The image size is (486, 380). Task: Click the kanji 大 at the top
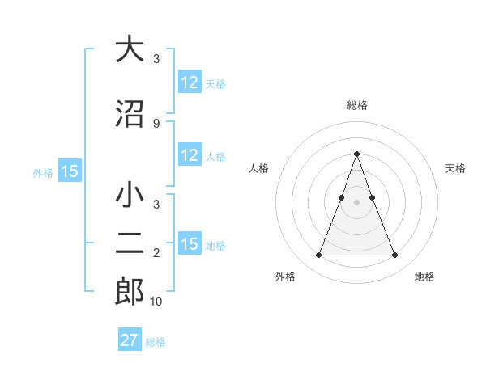pos(130,49)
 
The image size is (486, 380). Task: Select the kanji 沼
pos(130,113)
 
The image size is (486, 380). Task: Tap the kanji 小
pos(130,196)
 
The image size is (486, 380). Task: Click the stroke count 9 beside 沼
pos(156,123)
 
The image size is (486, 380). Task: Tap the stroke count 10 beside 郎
pos(156,302)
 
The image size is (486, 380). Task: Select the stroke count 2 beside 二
pos(156,254)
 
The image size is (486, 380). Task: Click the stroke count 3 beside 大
pos(156,59)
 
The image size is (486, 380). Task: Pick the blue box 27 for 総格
pos(130,340)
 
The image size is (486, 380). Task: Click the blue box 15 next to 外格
pos(70,171)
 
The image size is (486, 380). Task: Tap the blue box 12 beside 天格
pos(190,82)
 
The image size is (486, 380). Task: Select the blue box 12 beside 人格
pos(190,156)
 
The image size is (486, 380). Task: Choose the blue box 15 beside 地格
pos(190,245)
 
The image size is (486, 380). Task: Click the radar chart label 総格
pos(356,105)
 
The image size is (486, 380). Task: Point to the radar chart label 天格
pos(455,168)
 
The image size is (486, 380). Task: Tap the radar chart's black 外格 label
pos(285,277)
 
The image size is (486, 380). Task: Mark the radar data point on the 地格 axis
pos(394,255)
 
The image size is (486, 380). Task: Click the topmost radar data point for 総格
pos(356,154)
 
